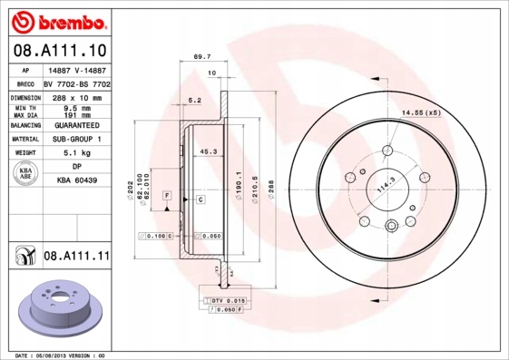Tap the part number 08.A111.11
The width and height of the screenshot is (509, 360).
click(76, 258)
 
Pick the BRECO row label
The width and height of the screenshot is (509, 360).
click(25, 83)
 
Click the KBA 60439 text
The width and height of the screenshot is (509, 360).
click(78, 181)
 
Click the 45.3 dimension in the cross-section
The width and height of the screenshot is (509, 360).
click(207, 152)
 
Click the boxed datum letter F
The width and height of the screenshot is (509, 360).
click(167, 196)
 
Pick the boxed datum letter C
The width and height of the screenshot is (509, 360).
click(200, 198)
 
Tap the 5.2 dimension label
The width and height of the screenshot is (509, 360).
click(193, 101)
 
